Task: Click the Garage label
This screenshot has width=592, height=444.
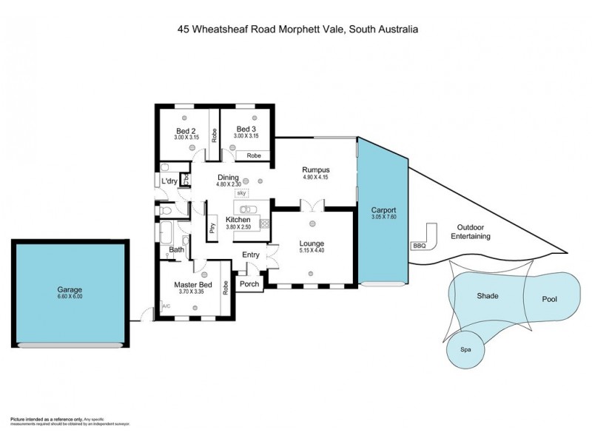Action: coord(70,289)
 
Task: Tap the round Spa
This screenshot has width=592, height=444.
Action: coord(465,349)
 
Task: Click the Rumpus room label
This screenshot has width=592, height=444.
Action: coord(315,169)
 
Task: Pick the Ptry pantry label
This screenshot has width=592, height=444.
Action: coord(212,227)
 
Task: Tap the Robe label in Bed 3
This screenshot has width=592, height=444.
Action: coord(253,155)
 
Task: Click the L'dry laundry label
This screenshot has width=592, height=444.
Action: coord(169,182)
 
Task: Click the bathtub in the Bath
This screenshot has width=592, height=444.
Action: coord(166,233)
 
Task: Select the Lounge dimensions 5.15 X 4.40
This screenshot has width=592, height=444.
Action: coord(312,251)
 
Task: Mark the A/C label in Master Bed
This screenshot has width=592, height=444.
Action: coord(166,306)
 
